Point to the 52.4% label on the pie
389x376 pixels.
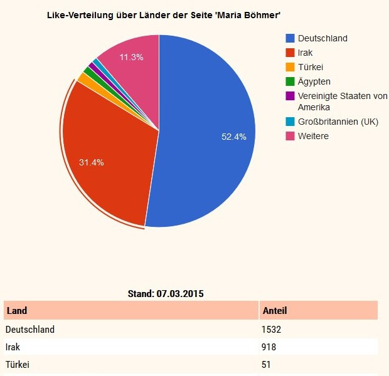234,137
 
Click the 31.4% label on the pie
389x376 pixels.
91,162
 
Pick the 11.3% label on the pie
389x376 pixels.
131,57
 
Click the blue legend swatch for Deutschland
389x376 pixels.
290,38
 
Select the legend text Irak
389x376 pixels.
306,53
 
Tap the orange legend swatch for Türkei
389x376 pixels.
290,67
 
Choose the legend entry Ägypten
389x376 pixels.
314,81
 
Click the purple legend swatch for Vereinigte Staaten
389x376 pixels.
290,96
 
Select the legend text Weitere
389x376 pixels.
313,136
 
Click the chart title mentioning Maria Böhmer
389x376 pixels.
164,14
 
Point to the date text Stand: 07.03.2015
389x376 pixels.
166,293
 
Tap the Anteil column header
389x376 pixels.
274,311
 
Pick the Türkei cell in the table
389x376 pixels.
17,365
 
